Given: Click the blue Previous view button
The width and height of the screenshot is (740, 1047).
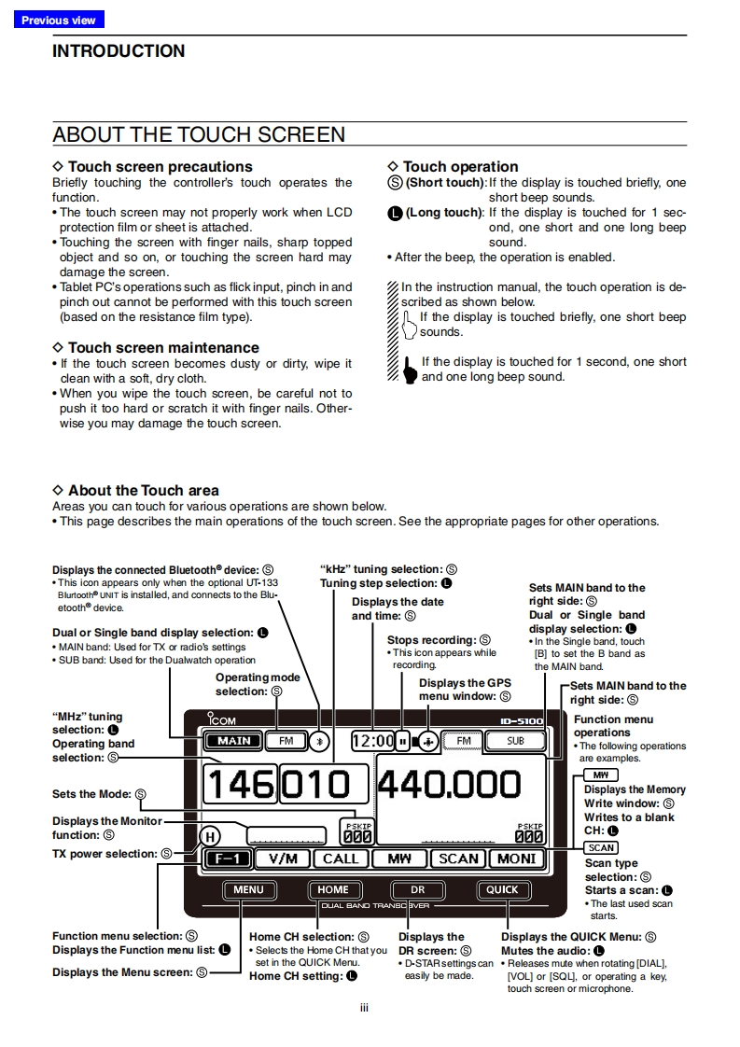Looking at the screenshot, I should (59, 20).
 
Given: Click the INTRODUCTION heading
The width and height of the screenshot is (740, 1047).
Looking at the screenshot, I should (119, 51).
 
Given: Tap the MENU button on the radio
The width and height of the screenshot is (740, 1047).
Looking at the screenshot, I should (248, 889).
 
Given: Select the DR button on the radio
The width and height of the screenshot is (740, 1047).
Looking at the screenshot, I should (417, 889).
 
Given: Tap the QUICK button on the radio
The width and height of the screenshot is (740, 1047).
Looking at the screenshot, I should (501, 889).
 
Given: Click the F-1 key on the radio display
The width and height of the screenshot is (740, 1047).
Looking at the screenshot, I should (228, 859).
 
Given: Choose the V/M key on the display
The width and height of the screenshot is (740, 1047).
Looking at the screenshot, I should (282, 859).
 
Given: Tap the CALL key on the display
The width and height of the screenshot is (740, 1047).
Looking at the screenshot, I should (341, 859).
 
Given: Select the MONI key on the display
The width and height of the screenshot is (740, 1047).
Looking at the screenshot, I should (516, 859).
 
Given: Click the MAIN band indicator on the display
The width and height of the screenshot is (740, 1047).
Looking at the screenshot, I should (233, 741).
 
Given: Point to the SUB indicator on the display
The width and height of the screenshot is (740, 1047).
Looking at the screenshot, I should (515, 741).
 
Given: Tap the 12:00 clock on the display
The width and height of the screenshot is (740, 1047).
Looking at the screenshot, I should (372, 741).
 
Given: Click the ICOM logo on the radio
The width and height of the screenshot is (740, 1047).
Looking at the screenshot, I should (222, 720).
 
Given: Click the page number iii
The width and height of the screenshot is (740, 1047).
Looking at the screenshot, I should (365, 1007).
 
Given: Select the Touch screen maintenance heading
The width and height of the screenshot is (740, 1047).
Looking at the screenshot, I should (163, 348).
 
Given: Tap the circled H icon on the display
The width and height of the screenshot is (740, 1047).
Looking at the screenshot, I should (213, 836).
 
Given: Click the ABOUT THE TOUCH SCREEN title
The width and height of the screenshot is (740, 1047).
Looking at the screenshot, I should (199, 134).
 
